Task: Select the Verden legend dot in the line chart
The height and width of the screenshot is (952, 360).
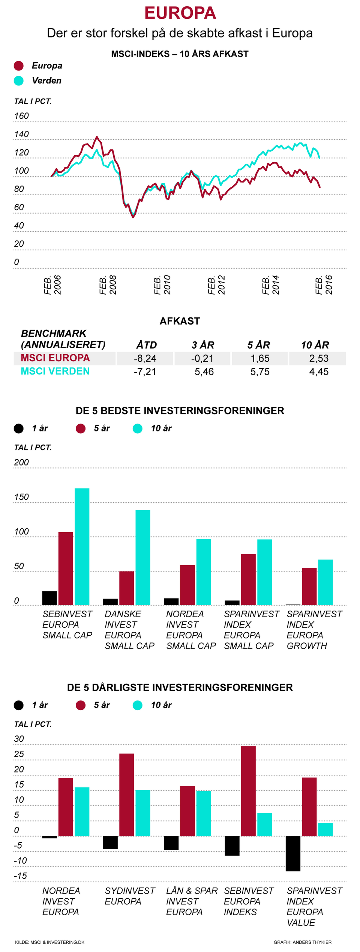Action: (18, 81)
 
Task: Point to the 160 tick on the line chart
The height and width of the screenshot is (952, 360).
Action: (21, 116)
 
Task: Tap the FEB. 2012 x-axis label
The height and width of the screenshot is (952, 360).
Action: (216, 285)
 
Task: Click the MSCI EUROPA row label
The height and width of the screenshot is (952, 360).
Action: (55, 358)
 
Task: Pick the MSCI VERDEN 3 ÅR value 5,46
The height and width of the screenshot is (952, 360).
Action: (204, 372)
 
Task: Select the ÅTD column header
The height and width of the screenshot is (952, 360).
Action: (146, 345)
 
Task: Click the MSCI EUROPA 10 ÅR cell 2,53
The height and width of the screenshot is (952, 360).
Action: (319, 358)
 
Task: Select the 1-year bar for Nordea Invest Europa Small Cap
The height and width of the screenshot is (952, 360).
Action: (171, 602)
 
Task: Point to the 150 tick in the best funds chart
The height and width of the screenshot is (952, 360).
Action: (21, 497)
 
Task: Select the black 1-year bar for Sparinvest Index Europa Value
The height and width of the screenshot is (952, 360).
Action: (293, 853)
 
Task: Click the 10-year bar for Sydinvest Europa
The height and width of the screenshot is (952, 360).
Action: (142, 813)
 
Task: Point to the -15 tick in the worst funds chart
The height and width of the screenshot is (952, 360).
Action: (20, 876)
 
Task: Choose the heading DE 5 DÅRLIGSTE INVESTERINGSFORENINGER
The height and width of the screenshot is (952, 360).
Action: (180, 687)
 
